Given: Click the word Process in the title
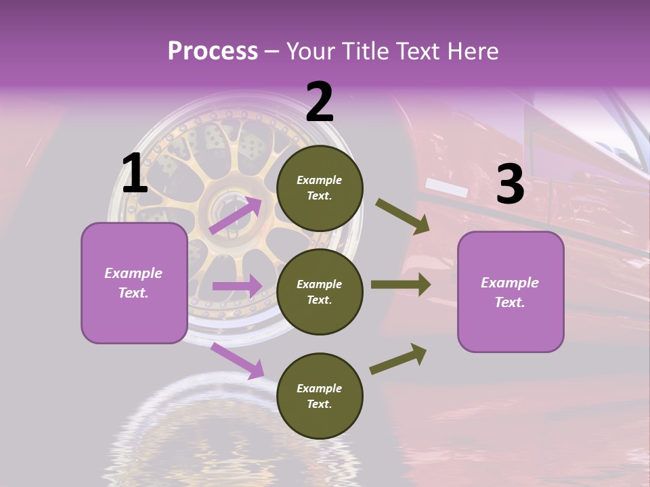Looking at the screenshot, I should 213,51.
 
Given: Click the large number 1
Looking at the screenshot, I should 135,174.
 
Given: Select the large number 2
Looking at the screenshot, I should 320,102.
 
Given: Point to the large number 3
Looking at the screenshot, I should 510,184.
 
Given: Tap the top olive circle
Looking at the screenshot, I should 320,188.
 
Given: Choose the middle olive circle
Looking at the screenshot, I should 320,292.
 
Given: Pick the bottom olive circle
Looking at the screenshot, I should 320,396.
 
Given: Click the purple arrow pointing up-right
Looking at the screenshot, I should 236,215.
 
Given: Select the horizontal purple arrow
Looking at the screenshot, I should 237,286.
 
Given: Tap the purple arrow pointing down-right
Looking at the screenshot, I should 238,361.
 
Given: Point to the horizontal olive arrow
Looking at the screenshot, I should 400,285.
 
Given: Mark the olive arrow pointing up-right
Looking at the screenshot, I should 398,359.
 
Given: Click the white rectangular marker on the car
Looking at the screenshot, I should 447,188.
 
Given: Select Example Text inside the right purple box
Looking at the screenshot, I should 510,292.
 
